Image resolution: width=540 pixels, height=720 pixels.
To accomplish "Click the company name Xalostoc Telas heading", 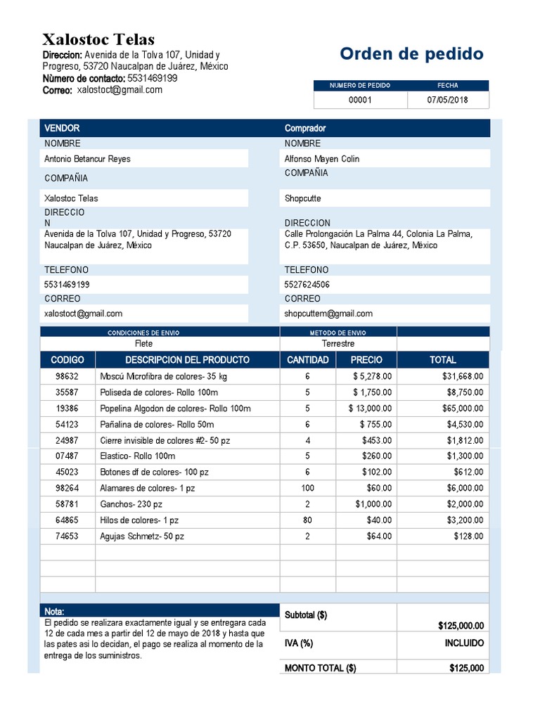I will pyautogui.click(x=98, y=39).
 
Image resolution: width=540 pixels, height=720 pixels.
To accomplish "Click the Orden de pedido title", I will pyautogui.click(x=411, y=54).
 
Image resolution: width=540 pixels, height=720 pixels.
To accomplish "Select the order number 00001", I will pyautogui.click(x=360, y=100).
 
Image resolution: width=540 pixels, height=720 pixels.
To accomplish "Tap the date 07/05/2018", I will pyautogui.click(x=447, y=100).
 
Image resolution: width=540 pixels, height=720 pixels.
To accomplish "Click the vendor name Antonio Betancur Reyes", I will pyautogui.click(x=87, y=159).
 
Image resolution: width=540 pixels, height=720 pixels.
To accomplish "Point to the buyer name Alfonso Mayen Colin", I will pyautogui.click(x=322, y=159).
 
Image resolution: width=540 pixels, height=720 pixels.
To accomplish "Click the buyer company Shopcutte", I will pyautogui.click(x=302, y=198).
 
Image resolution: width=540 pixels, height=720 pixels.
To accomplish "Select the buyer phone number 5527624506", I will pyautogui.click(x=307, y=285).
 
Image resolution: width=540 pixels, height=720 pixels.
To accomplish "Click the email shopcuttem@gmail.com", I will pyautogui.click(x=328, y=314).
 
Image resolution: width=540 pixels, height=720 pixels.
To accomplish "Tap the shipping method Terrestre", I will pyautogui.click(x=338, y=344).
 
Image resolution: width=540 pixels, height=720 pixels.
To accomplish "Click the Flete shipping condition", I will pyautogui.click(x=143, y=344).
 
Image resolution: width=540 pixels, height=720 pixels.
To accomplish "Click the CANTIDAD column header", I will pyautogui.click(x=308, y=360).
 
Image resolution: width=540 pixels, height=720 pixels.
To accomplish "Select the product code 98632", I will pyautogui.click(x=67, y=376).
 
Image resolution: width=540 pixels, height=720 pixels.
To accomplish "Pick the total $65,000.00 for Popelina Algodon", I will pyautogui.click(x=463, y=409).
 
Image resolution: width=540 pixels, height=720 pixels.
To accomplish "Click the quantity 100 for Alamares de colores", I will pyautogui.click(x=307, y=488).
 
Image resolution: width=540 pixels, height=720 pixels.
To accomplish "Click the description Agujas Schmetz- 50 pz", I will pyautogui.click(x=142, y=536).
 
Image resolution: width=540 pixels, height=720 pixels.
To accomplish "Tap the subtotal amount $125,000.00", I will pyautogui.click(x=461, y=626).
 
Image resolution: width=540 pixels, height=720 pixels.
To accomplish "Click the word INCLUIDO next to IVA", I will pyautogui.click(x=464, y=643).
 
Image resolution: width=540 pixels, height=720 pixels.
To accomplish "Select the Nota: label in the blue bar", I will pyautogui.click(x=54, y=612).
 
